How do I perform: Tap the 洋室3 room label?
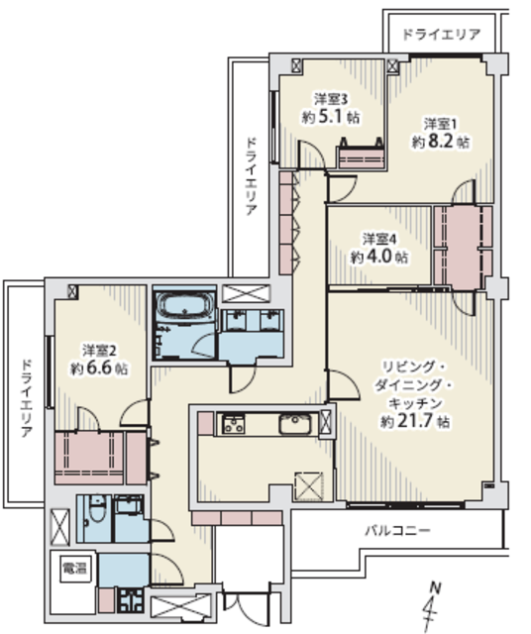[331, 99]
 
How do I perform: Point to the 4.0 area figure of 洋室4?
[380, 258]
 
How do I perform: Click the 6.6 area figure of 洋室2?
[98, 369]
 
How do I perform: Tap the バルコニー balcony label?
[398, 530]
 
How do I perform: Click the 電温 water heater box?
[74, 569]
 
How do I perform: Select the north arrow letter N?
[436, 587]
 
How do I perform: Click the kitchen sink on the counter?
[295, 424]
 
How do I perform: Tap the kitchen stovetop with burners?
[234, 425]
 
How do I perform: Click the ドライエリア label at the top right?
[441, 35]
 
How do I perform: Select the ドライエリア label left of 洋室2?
[27, 398]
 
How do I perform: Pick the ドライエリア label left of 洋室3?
[251, 176]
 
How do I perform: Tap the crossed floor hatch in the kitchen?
[308, 486]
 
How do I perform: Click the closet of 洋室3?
[362, 158]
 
